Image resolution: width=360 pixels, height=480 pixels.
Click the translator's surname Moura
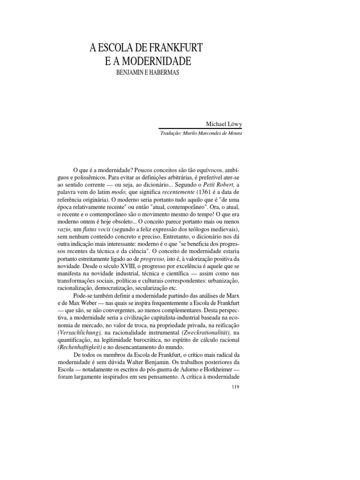[233, 133]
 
